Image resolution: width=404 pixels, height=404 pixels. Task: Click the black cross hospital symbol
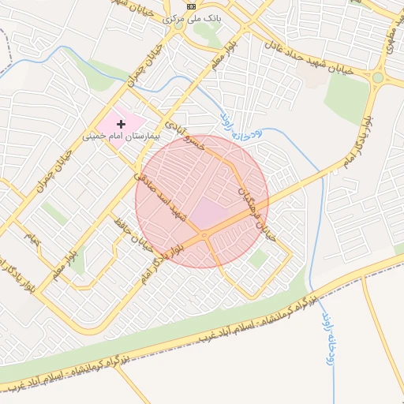tap(121, 123)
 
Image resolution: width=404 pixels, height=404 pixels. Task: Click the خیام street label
tap(32, 237)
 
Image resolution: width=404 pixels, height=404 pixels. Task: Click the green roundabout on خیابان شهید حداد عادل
tap(378, 77)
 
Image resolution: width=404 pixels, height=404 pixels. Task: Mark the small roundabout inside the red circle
tap(204, 234)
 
